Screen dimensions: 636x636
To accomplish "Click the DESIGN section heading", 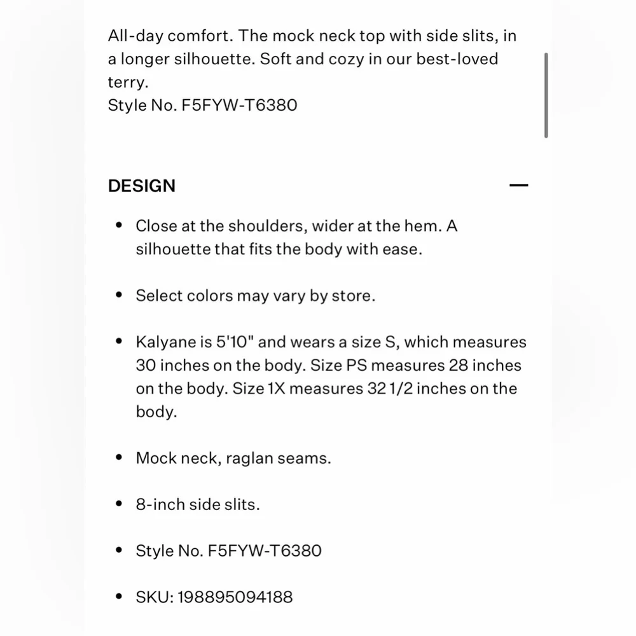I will (x=141, y=186).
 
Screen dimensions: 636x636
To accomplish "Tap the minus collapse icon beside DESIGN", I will (x=519, y=186).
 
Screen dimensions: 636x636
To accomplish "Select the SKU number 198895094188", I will (x=235, y=597).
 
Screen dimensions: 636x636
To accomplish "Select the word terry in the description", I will (x=123, y=82).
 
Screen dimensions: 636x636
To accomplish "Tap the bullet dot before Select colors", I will (x=118, y=296).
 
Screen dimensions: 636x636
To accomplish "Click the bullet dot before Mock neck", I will (x=118, y=458).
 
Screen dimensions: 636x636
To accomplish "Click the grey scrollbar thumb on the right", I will (x=546, y=95).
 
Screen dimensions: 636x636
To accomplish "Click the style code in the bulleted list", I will (x=265, y=551).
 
